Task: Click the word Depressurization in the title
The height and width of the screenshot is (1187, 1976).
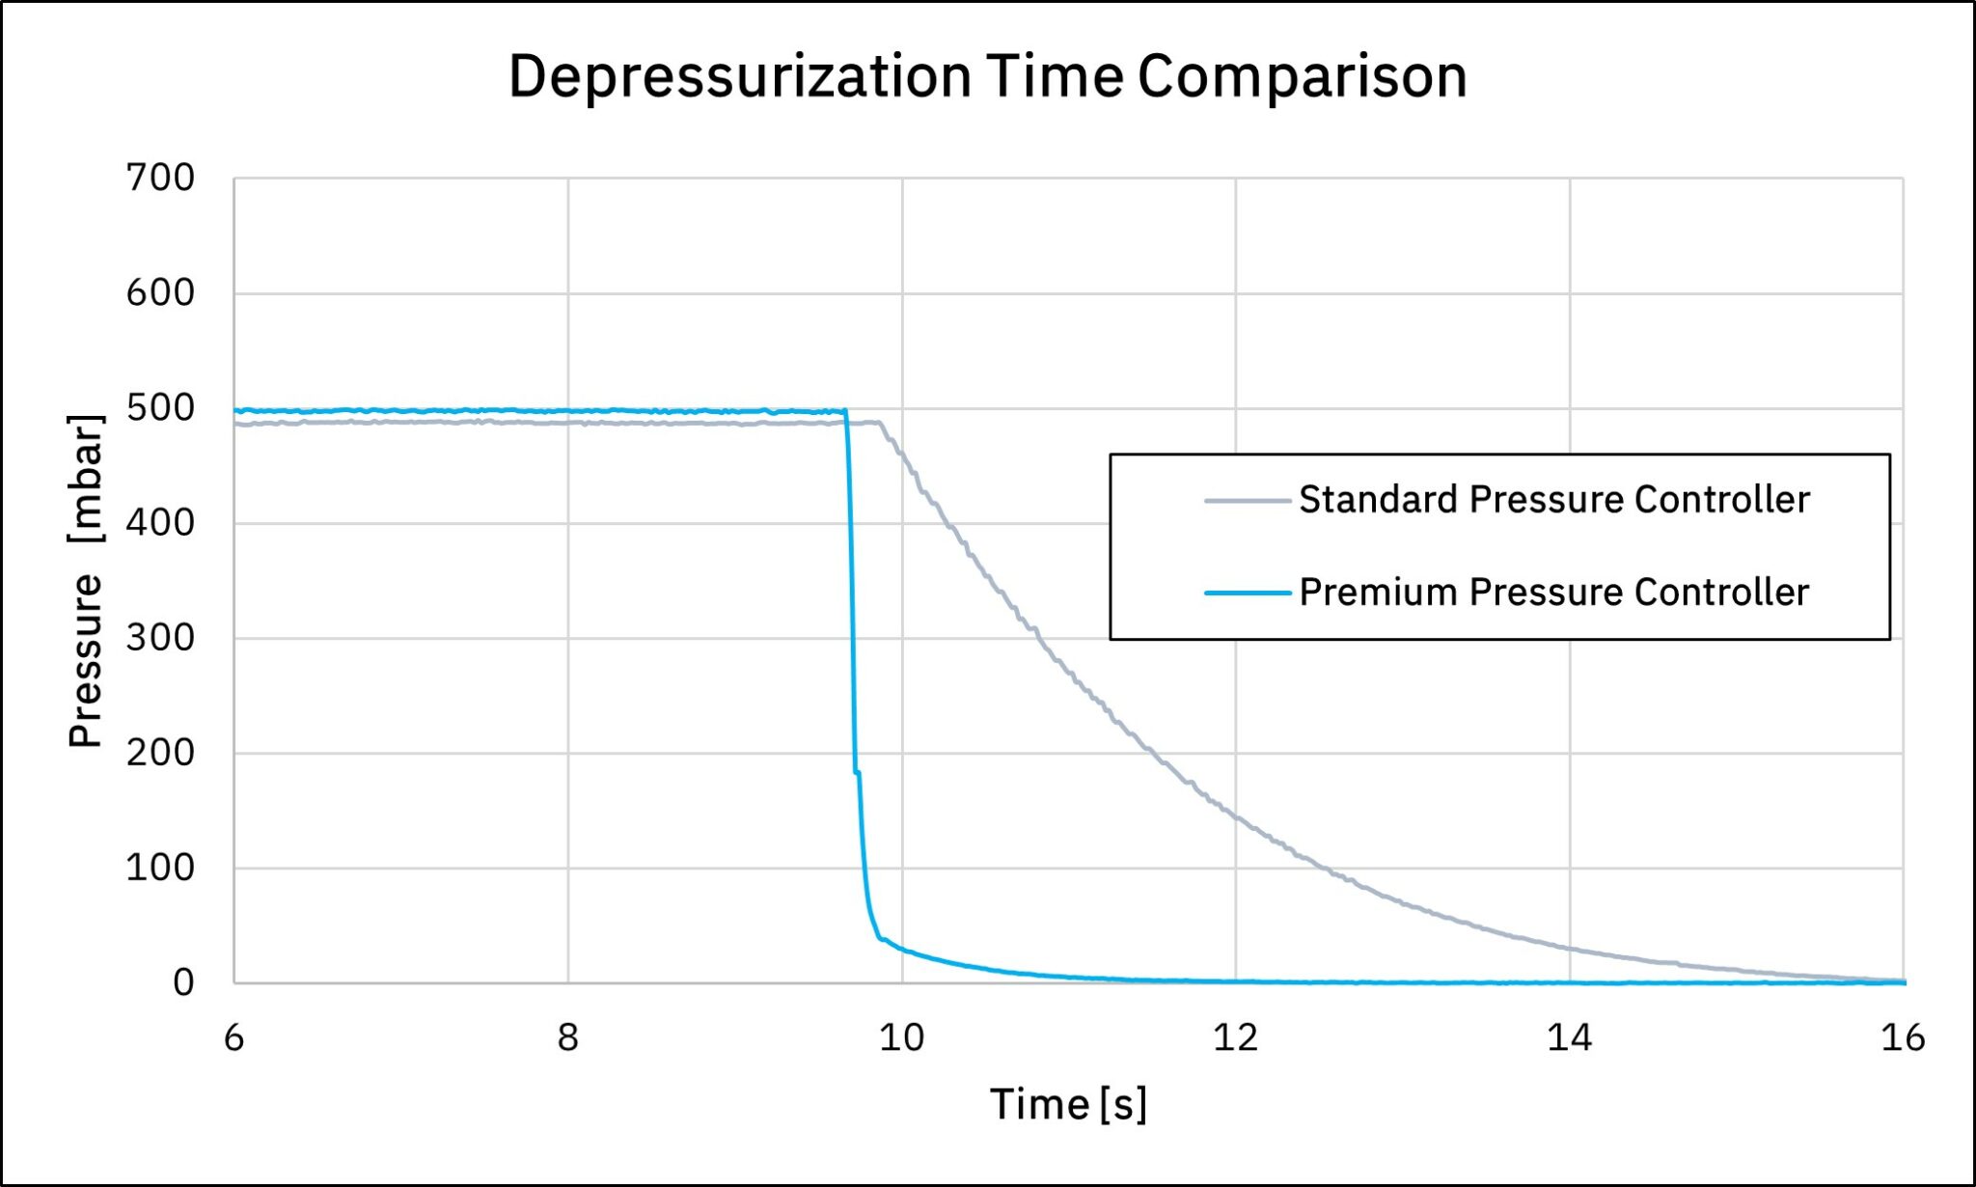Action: click(739, 76)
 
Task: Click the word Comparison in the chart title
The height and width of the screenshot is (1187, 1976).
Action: click(1302, 76)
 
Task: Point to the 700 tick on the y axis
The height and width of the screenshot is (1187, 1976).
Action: click(160, 178)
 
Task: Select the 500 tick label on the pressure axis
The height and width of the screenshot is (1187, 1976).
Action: click(160, 408)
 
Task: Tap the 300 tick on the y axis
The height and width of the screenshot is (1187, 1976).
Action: click(160, 638)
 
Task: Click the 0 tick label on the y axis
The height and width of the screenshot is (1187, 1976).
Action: click(183, 982)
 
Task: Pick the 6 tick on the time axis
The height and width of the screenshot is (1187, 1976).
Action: click(234, 1038)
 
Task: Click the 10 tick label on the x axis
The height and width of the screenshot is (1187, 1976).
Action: click(901, 1038)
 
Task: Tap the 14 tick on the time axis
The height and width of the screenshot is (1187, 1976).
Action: click(1569, 1038)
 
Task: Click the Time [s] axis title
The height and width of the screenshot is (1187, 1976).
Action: click(1068, 1104)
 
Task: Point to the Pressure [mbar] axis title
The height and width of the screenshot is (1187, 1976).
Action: click(86, 581)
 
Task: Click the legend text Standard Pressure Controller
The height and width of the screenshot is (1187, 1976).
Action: click(1553, 500)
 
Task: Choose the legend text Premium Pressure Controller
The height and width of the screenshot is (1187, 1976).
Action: click(1553, 593)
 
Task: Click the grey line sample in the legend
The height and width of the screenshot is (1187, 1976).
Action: click(1247, 501)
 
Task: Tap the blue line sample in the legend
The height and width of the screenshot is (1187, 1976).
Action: click(1247, 593)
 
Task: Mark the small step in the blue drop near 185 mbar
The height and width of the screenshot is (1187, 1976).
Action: click(857, 772)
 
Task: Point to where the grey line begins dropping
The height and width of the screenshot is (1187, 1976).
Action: click(880, 423)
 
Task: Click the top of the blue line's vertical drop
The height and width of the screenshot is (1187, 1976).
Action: click(846, 411)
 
